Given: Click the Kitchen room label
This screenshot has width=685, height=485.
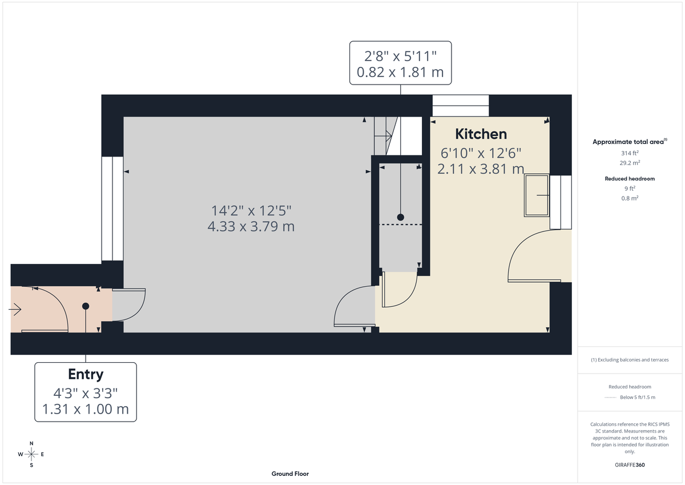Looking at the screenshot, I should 481,134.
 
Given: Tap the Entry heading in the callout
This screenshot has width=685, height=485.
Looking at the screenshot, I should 86,375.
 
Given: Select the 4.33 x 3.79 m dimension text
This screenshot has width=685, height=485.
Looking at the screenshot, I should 251,226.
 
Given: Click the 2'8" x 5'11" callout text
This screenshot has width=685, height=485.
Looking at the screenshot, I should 400,56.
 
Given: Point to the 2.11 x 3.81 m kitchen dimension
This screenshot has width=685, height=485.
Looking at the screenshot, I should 481,169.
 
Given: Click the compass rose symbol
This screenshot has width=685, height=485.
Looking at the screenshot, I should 31,454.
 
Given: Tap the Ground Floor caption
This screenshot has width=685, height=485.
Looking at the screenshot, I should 290,474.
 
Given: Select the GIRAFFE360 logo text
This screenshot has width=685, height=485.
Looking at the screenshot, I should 630,465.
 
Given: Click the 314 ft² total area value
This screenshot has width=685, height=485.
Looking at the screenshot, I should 630,153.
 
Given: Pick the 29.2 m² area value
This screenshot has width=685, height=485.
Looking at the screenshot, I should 630,163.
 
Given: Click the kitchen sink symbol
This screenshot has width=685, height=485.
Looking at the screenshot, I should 537,195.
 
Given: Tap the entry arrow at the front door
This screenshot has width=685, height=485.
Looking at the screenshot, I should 15,310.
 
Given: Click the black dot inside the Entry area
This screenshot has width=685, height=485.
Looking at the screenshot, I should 86,306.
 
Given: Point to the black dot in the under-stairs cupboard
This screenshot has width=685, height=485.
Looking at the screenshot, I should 400,217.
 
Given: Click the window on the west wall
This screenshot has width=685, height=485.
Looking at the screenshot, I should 112,209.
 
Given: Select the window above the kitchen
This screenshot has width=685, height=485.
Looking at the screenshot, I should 461,106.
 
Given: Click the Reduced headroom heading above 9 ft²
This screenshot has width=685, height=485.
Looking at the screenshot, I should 630,179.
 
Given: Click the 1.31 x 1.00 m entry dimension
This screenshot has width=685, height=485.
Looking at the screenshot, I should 86,409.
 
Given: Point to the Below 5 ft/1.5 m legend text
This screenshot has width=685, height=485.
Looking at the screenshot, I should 638,398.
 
